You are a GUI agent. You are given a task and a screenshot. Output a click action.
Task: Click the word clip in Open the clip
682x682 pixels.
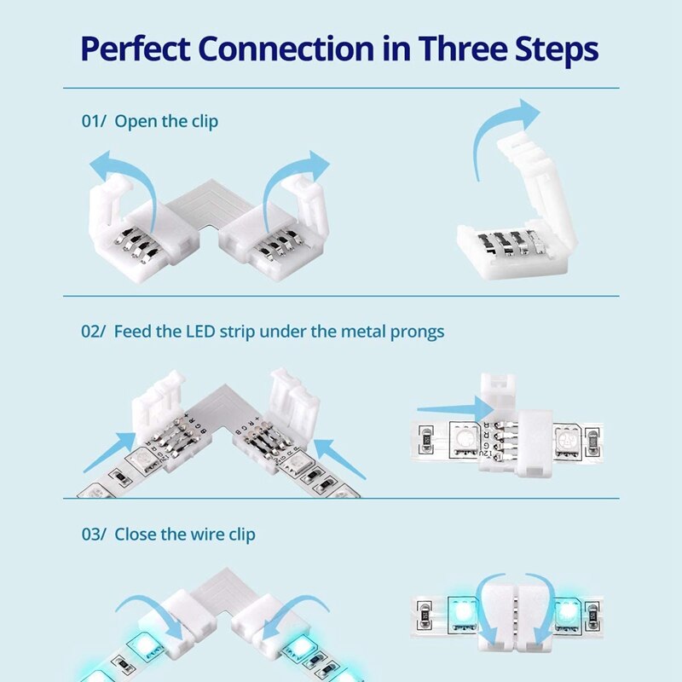[202, 121]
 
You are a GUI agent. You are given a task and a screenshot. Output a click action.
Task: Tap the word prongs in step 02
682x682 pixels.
[417, 331]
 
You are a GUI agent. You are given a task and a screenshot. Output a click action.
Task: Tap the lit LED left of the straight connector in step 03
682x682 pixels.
[460, 611]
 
